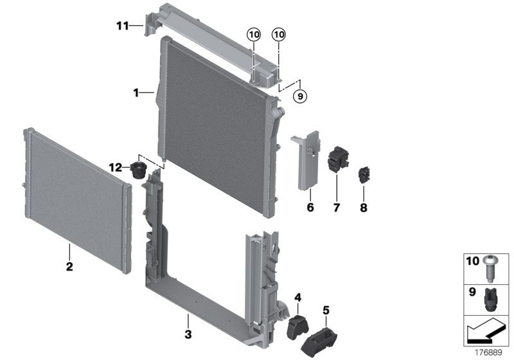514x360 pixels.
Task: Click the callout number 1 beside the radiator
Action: pyautogui.click(x=136, y=93)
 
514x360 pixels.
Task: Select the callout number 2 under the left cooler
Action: pyautogui.click(x=69, y=265)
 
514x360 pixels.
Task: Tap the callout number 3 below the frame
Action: pyautogui.click(x=188, y=334)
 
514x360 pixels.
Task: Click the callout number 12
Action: pyautogui.click(x=115, y=168)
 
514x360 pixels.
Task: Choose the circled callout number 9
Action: pyautogui.click(x=299, y=96)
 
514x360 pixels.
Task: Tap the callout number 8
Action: pyautogui.click(x=363, y=208)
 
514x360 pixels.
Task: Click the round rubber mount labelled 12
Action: pyautogui.click(x=139, y=170)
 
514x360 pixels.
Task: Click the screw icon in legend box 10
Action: pyautogui.click(x=490, y=269)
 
